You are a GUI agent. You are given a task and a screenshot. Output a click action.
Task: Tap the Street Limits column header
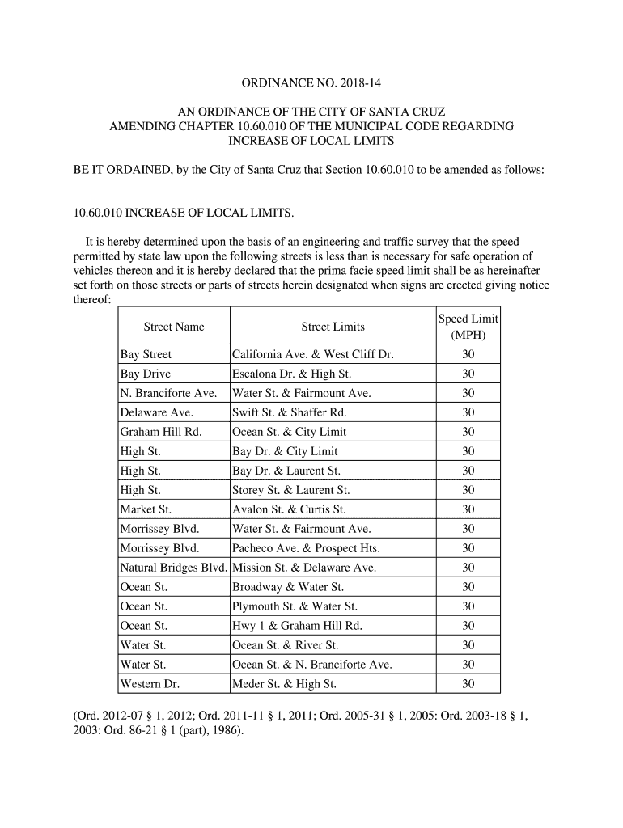click(x=333, y=327)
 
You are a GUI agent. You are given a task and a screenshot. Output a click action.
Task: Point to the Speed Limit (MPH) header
click(x=468, y=327)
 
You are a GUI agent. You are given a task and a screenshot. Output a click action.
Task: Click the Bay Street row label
click(x=146, y=354)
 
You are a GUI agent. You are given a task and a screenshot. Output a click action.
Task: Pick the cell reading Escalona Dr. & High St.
click(x=292, y=374)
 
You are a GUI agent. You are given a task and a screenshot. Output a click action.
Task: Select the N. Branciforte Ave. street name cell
click(x=168, y=393)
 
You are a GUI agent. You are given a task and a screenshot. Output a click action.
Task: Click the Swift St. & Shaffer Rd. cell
click(x=289, y=412)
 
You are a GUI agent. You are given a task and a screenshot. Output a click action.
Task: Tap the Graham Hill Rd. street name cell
click(x=160, y=432)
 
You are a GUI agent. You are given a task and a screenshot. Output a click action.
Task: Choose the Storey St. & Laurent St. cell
click(x=290, y=490)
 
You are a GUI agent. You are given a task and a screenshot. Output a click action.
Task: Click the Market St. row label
click(x=146, y=509)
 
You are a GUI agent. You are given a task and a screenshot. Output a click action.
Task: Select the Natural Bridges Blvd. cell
click(x=173, y=568)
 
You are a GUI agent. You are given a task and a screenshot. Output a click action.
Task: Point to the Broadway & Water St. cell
click(x=287, y=587)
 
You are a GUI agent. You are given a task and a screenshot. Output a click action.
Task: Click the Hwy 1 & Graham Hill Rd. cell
click(x=297, y=626)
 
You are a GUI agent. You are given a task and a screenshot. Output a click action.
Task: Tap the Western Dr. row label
click(x=150, y=684)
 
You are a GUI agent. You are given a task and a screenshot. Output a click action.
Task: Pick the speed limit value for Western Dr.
click(x=468, y=684)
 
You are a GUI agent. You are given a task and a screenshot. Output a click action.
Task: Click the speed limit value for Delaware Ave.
click(x=468, y=412)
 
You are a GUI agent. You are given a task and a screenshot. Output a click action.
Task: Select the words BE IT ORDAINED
click(x=121, y=171)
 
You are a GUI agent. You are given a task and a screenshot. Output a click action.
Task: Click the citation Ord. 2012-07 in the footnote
click(x=106, y=716)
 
